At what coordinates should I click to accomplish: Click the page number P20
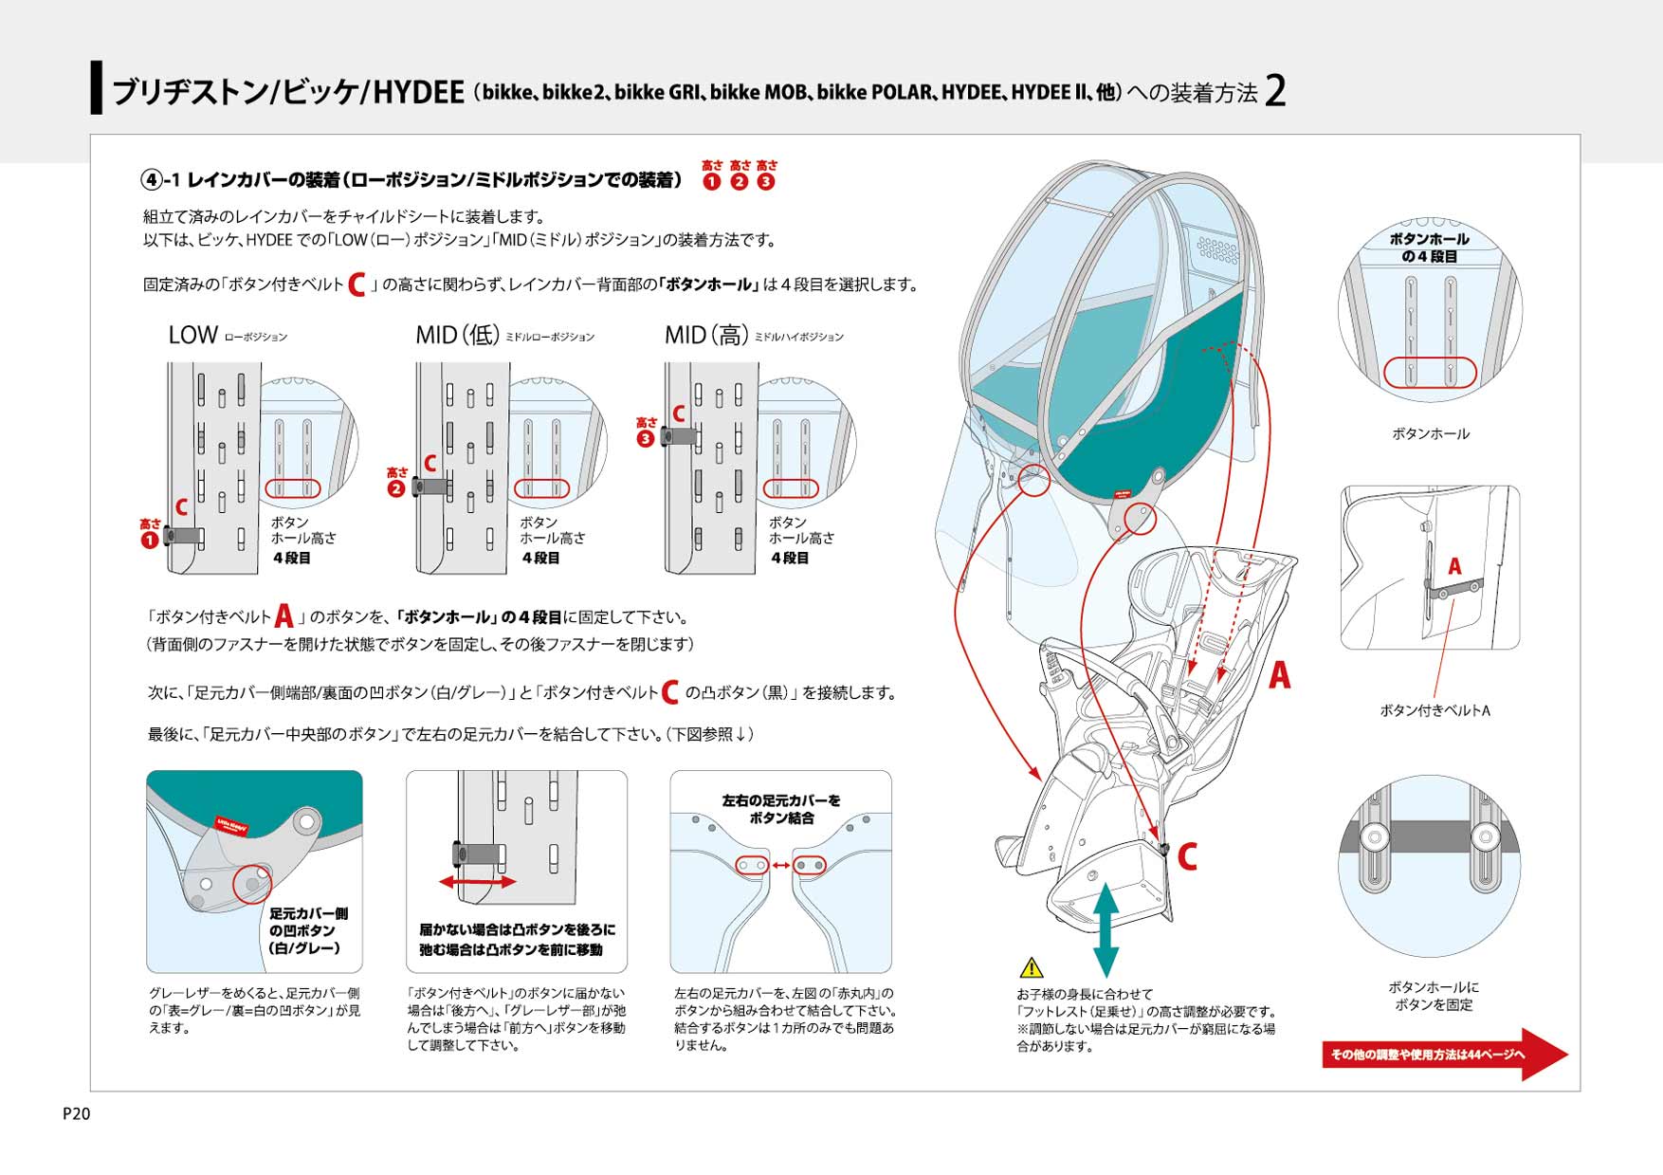pyautogui.click(x=76, y=1113)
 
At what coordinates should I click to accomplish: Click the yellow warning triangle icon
pyautogui.click(x=1031, y=968)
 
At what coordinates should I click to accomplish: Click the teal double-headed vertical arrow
pyautogui.click(x=1106, y=929)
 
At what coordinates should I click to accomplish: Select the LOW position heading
pyautogui.click(x=193, y=335)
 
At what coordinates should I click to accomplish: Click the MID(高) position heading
pyautogui.click(x=706, y=335)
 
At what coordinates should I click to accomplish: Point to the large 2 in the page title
pyautogui.click(x=1275, y=92)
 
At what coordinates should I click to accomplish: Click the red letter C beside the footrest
pyautogui.click(x=1187, y=856)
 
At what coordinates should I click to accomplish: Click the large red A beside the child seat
pyautogui.click(x=1279, y=675)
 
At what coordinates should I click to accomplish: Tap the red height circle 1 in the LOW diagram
pyautogui.click(x=150, y=541)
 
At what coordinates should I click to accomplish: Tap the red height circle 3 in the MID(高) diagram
pyautogui.click(x=646, y=439)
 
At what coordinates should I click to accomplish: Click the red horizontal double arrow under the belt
pyautogui.click(x=477, y=882)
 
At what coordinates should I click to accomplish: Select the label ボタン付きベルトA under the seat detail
pyautogui.click(x=1435, y=710)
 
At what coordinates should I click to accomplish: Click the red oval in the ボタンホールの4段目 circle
pyautogui.click(x=1430, y=372)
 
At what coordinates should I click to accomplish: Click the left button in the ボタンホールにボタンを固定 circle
pyautogui.click(x=1374, y=836)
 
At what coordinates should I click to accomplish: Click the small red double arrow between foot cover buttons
pyautogui.click(x=781, y=865)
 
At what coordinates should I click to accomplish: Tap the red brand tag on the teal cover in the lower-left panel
pyautogui.click(x=231, y=823)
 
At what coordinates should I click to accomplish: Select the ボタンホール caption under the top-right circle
pyautogui.click(x=1430, y=433)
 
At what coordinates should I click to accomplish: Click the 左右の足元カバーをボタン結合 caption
pyautogui.click(x=781, y=809)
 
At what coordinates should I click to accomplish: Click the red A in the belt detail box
pyautogui.click(x=1454, y=566)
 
